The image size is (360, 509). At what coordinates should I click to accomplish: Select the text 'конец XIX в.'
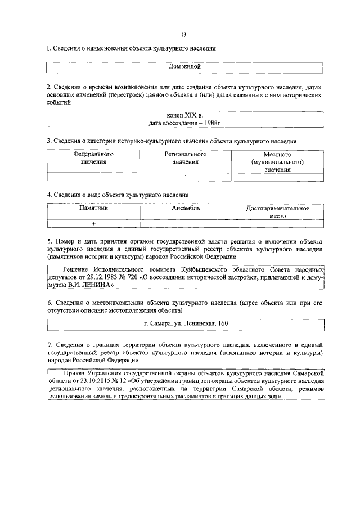[185, 115]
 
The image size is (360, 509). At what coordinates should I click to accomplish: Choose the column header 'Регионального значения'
[185, 158]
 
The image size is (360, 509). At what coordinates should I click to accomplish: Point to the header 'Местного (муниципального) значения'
[277, 161]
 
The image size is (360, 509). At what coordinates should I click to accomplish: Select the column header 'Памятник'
[93, 208]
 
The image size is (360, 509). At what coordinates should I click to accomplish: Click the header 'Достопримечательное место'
[277, 211]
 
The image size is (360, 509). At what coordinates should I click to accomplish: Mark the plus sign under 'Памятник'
[93, 223]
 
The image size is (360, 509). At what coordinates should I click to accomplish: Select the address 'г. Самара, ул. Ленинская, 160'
[186, 323]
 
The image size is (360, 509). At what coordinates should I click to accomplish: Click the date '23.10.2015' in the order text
[86, 381]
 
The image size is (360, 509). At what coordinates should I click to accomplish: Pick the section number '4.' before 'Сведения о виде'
[49, 195]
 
